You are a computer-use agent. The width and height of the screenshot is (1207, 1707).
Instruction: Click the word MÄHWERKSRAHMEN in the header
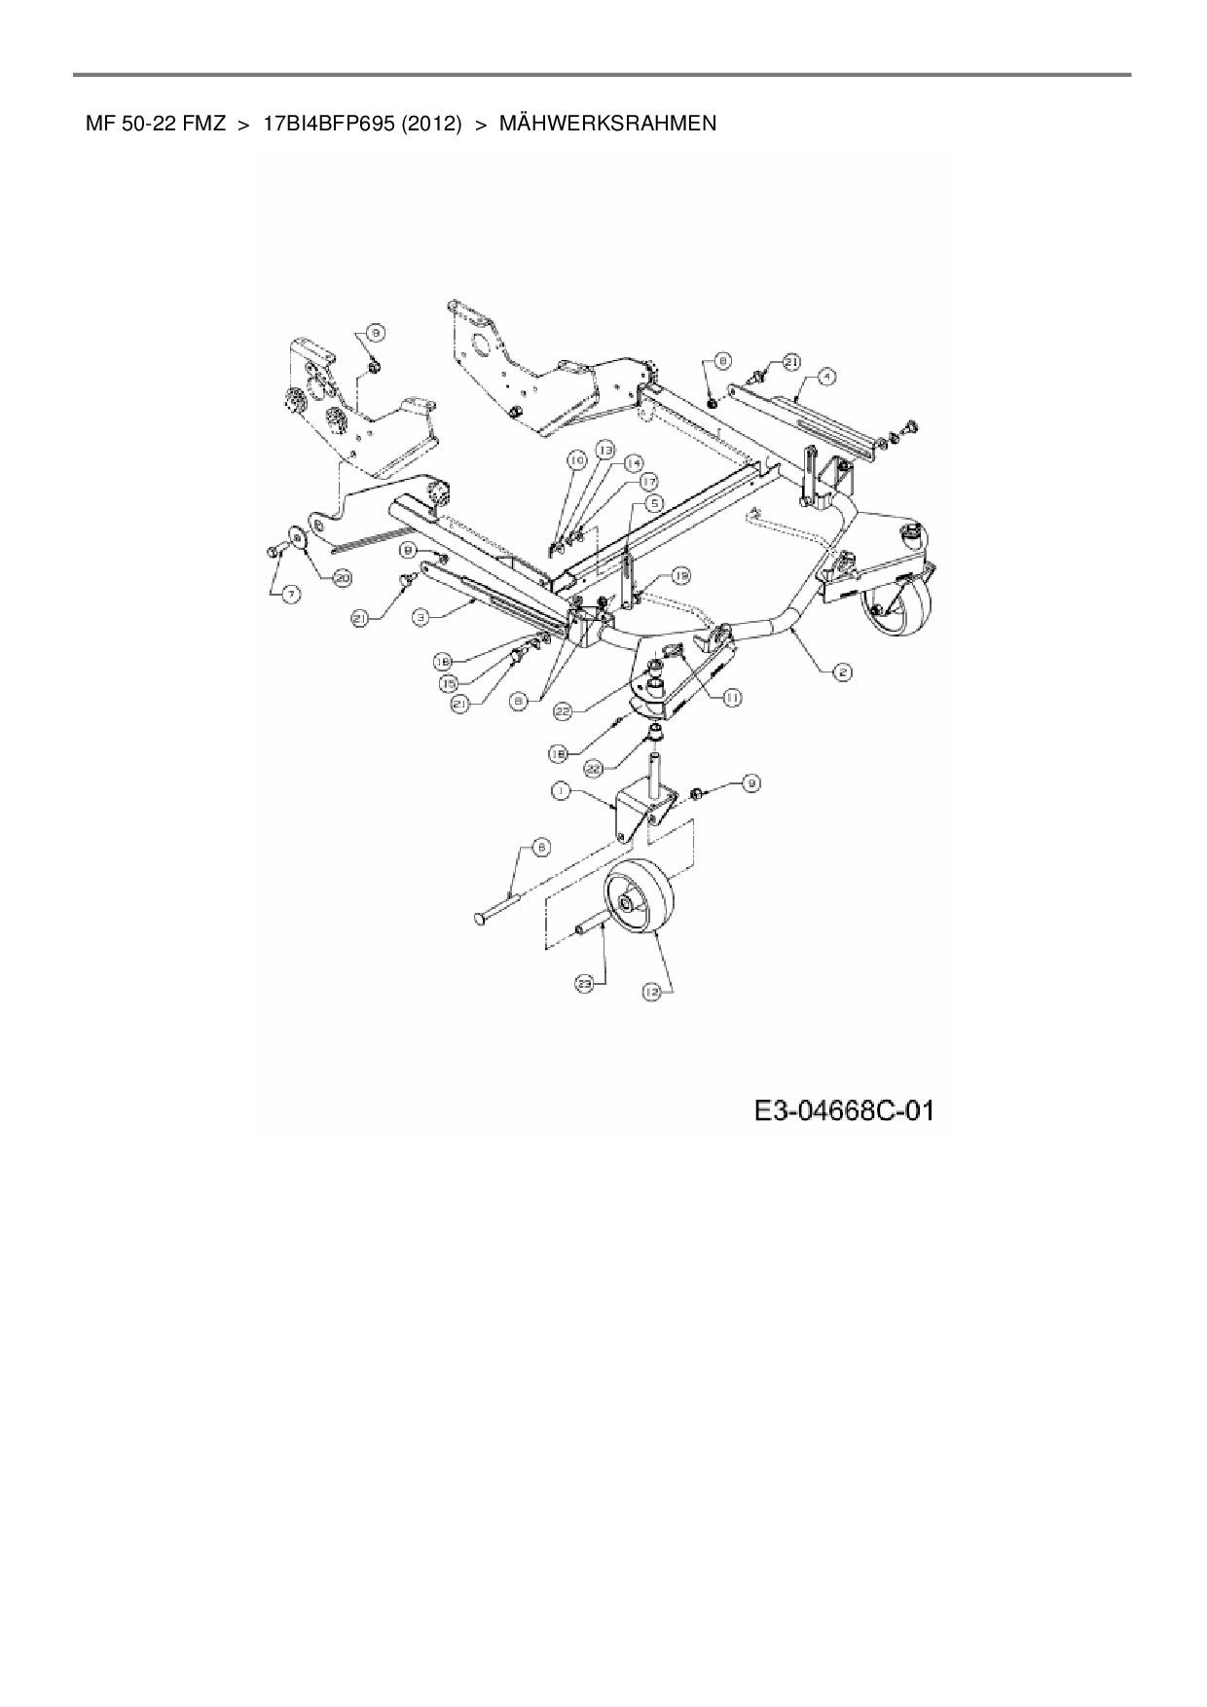click(607, 124)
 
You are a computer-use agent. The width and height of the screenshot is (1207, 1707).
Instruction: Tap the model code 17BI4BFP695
click(328, 124)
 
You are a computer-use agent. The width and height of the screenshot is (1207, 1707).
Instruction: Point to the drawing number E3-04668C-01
click(843, 1109)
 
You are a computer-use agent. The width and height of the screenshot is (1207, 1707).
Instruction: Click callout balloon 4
click(825, 374)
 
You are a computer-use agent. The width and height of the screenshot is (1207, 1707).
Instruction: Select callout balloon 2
click(844, 671)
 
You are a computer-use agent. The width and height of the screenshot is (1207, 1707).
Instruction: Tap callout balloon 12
click(650, 991)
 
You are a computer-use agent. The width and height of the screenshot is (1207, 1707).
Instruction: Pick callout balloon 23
click(584, 984)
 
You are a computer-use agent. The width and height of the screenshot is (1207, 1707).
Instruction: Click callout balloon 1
click(561, 792)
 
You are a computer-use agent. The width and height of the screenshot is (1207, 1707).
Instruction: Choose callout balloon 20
click(342, 578)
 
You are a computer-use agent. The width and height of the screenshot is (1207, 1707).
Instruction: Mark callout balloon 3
click(421, 616)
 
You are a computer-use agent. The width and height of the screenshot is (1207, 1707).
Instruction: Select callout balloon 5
click(654, 502)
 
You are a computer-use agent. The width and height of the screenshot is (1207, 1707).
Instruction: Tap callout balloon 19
click(680, 577)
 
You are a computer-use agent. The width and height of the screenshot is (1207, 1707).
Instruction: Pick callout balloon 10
click(577, 457)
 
